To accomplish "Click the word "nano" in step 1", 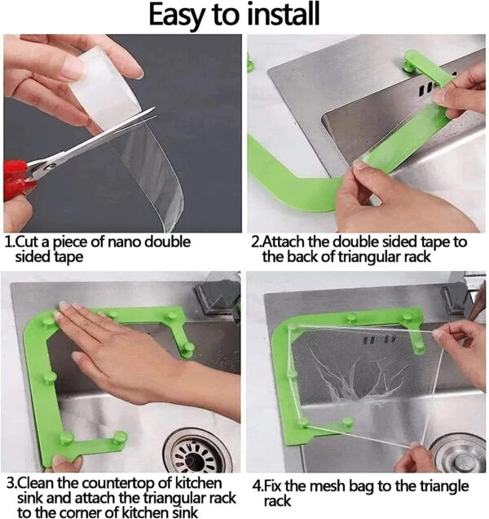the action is tap(125, 242).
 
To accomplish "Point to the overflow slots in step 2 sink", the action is tap(427, 86).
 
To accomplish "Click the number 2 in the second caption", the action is tap(255, 242).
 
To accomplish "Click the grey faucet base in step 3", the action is tap(218, 295).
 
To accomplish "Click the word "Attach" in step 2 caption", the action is tap(283, 242).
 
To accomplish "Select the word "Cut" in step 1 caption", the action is tap(24, 242).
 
